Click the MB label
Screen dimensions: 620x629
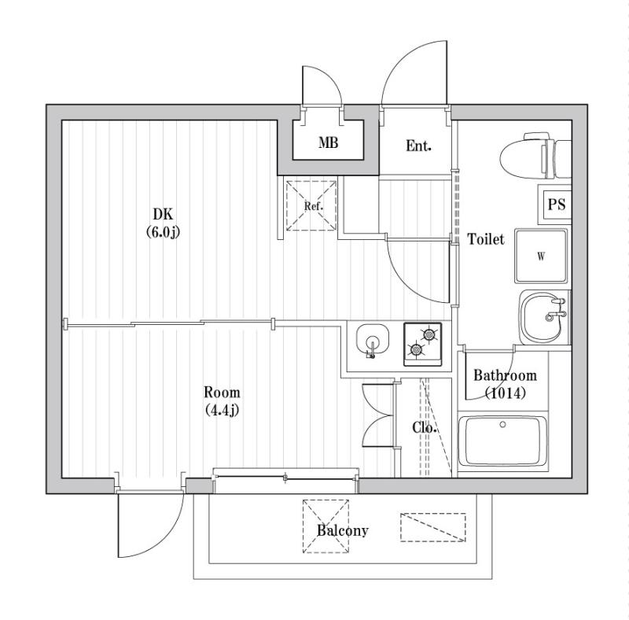328,143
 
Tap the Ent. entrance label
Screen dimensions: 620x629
418,146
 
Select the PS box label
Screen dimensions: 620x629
557,205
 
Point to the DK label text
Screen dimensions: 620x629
163,214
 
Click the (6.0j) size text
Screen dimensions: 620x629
163,231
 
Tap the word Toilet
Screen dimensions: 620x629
486,239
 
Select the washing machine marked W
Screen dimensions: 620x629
541,256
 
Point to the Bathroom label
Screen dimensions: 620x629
505,376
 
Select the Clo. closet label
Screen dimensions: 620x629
425,427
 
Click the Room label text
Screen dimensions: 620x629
222,392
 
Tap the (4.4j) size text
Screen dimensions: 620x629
222,409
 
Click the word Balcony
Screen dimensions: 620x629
342,530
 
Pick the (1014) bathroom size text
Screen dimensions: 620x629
505,393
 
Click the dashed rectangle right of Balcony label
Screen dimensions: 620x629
432,527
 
